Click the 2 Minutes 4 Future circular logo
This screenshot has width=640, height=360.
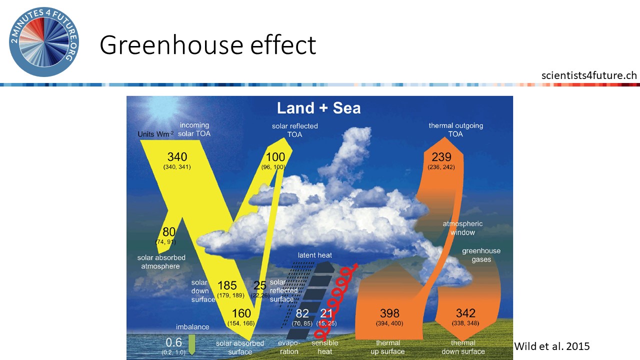pyautogui.click(x=44, y=42)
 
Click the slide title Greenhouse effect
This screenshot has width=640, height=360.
pyautogui.click(x=207, y=45)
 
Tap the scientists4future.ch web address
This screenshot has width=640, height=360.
pyautogui.click(x=589, y=75)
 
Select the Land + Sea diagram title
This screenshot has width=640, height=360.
pyautogui.click(x=318, y=108)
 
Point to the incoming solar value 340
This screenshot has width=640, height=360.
pyautogui.click(x=177, y=157)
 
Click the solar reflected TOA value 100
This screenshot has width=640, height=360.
pyautogui.click(x=275, y=157)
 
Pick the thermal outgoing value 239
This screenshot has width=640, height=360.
pyautogui.click(x=441, y=157)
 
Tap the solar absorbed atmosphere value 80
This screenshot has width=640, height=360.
pyautogui.click(x=169, y=232)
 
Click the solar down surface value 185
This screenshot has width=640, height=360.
pyautogui.click(x=227, y=285)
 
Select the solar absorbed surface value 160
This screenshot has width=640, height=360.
pyautogui.click(x=241, y=313)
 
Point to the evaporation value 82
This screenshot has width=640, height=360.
pyautogui.click(x=302, y=313)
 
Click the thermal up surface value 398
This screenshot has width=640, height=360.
pyautogui.click(x=389, y=313)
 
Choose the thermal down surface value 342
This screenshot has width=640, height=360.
pyautogui.click(x=465, y=313)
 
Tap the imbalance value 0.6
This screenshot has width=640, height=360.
pyautogui.click(x=173, y=342)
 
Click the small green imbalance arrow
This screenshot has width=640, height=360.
pyautogui.click(x=192, y=344)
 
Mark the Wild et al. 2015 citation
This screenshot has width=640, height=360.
pyautogui.click(x=552, y=346)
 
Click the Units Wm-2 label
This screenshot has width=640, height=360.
pyautogui.click(x=155, y=134)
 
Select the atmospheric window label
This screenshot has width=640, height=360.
pyautogui.click(x=463, y=228)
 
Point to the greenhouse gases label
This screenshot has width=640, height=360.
pyautogui.click(x=481, y=255)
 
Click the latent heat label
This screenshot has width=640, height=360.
pyautogui.click(x=315, y=255)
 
